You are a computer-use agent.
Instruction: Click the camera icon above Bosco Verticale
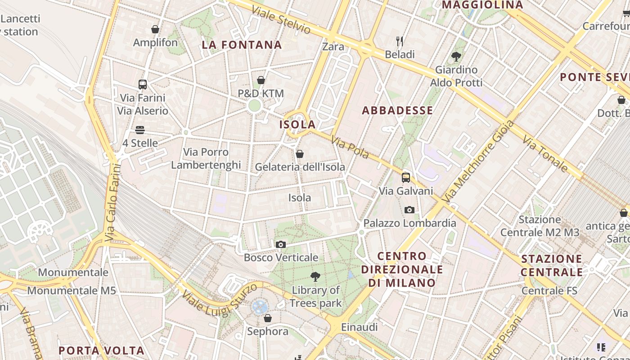click(x=281, y=245)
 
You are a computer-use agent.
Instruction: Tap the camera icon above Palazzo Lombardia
click(x=409, y=210)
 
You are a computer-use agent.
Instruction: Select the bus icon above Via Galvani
click(x=406, y=178)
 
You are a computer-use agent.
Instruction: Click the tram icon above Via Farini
click(x=143, y=84)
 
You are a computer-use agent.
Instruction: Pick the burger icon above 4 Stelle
click(x=140, y=130)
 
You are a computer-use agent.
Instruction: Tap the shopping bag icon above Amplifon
click(x=155, y=29)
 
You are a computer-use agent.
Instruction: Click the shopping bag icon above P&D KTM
click(x=261, y=80)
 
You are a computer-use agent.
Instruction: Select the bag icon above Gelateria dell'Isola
click(x=300, y=154)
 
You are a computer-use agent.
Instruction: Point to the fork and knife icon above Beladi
click(x=400, y=41)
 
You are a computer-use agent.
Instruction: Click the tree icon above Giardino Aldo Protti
click(x=456, y=57)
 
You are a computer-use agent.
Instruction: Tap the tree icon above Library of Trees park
click(x=315, y=277)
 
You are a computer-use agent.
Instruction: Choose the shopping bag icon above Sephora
click(x=268, y=318)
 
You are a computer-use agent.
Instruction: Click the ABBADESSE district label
click(x=397, y=110)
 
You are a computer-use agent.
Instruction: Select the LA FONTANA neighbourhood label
click(x=242, y=45)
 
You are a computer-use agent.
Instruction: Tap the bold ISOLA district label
click(x=297, y=125)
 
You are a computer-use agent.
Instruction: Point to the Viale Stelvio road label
click(x=281, y=20)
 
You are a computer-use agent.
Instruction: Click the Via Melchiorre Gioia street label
click(x=478, y=161)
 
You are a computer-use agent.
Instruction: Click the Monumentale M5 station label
click(x=72, y=291)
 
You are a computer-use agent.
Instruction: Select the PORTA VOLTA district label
click(x=102, y=351)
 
